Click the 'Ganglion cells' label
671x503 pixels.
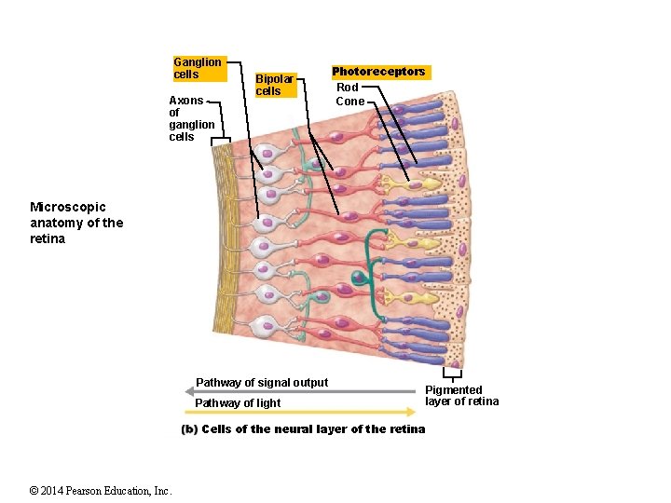pos(198,68)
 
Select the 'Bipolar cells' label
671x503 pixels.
pos(274,85)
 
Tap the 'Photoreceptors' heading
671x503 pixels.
pos(378,72)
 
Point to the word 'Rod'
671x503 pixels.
pos(348,87)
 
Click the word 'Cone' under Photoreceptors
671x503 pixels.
pos(349,101)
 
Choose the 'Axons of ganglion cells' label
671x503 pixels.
pos(191,118)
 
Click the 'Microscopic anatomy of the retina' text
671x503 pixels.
pos(75,223)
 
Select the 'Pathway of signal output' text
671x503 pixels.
pos(262,383)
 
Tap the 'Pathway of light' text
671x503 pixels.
pos(238,403)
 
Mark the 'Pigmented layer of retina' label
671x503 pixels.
pos(461,395)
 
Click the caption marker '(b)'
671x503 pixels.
pos(189,429)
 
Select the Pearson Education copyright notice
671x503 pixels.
pos(101,491)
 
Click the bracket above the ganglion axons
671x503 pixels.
pos(221,142)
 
